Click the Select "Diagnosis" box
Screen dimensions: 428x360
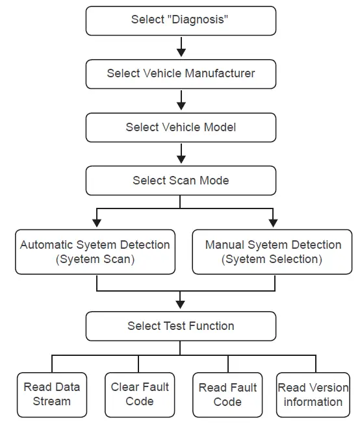(x=181, y=20)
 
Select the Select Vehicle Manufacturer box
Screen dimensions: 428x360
(x=181, y=73)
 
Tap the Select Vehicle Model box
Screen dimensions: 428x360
(x=181, y=127)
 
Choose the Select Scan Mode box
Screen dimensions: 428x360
(x=181, y=180)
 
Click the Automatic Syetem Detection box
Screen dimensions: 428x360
(x=96, y=252)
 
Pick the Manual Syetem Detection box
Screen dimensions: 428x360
(x=273, y=252)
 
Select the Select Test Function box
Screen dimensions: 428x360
(x=181, y=326)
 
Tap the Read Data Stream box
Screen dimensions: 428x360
(x=52, y=394)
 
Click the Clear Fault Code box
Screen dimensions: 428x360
(x=140, y=394)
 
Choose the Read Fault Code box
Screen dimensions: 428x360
(x=227, y=394)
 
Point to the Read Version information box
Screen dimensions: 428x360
(x=313, y=394)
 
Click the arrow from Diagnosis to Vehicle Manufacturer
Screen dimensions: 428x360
(x=181, y=47)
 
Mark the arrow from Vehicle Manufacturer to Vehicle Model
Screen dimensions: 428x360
(x=181, y=100)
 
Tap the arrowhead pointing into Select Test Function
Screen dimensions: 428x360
(x=181, y=304)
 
